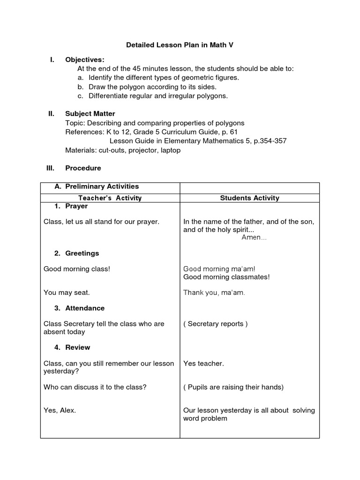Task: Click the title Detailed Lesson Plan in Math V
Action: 180,45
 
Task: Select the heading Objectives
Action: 84,60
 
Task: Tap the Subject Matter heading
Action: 90,114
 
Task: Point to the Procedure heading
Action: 83,168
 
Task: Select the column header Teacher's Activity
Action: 110,198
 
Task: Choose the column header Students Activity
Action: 249,198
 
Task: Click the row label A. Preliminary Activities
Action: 97,187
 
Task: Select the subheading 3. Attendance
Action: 79,308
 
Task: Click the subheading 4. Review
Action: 72,347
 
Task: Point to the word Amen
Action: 254,238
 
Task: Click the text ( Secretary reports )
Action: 216,324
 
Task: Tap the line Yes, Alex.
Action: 60,410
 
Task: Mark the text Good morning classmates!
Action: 226,277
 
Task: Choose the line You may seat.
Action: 67,292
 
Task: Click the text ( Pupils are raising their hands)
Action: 233,387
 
